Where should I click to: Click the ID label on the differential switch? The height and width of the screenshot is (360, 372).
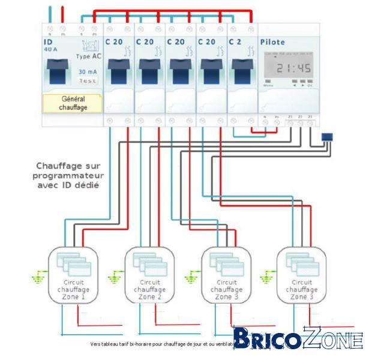[48, 42]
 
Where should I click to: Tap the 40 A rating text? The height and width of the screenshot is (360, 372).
[50, 50]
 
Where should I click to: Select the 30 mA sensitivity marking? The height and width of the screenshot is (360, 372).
[88, 71]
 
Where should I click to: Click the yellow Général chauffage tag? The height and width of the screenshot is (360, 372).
[74, 103]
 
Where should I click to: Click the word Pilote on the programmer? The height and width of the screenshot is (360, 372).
[272, 42]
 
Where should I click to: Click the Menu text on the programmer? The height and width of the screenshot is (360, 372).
[269, 86]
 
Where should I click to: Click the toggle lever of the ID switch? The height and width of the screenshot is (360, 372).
[57, 71]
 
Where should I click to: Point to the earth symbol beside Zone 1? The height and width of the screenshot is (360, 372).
[39, 277]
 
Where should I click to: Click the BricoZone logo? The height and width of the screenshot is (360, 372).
[298, 340]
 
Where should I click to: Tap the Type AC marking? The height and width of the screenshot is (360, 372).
[89, 55]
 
